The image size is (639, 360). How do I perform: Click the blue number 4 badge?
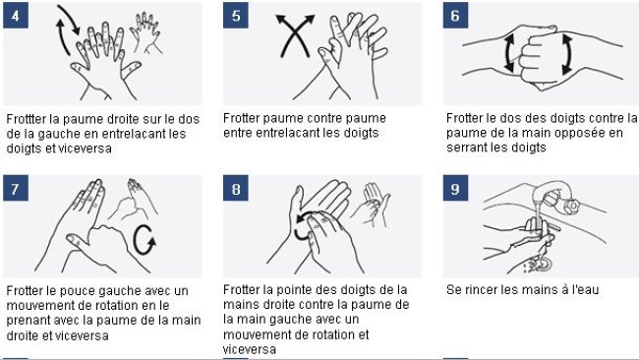coord(16,16)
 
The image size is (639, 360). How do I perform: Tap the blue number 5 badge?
coord(236,16)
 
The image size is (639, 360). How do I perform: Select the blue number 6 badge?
coord(455,16)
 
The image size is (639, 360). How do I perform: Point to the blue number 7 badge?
coord(16,188)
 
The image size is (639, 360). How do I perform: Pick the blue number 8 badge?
coord(236,188)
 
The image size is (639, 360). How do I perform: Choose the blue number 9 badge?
coord(455,188)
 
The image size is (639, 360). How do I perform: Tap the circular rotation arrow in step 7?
coord(135,241)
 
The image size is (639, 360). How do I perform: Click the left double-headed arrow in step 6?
coord(509,53)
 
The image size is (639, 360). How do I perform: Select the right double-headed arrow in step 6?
coord(567,55)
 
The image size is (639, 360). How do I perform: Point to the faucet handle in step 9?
coord(570,207)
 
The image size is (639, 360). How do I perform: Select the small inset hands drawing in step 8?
coord(370,205)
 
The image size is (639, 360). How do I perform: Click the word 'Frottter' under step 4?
coord(26,119)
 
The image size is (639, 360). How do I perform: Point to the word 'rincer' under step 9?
coord(483,290)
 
